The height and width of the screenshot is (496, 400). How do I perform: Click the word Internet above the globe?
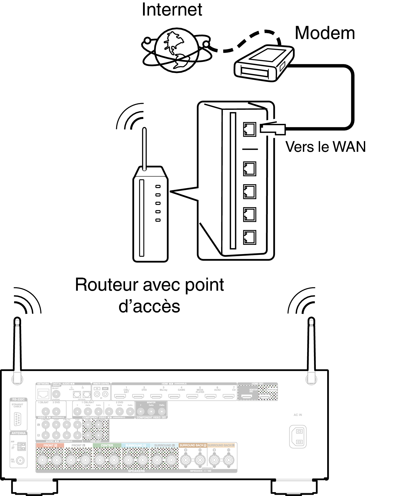(172, 10)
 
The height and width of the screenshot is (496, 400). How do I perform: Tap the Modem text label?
(325, 33)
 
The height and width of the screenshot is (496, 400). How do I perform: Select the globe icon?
(176, 50)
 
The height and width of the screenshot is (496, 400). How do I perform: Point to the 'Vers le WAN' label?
(325, 147)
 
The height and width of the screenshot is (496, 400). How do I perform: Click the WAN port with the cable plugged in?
(249, 129)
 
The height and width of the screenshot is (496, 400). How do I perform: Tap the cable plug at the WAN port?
(273, 129)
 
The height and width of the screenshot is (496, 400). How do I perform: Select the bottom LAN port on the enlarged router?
(249, 237)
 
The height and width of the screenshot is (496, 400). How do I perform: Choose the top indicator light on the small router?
(158, 186)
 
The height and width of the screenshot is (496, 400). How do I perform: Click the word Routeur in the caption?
(107, 285)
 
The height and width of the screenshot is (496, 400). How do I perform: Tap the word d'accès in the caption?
(149, 307)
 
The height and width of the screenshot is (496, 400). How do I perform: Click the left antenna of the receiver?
(17, 348)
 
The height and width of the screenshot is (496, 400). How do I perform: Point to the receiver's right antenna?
(311, 348)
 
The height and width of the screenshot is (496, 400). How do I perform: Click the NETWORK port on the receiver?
(43, 394)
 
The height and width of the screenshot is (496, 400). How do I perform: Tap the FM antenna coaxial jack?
(20, 460)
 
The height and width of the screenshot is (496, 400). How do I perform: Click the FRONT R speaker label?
(50, 445)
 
